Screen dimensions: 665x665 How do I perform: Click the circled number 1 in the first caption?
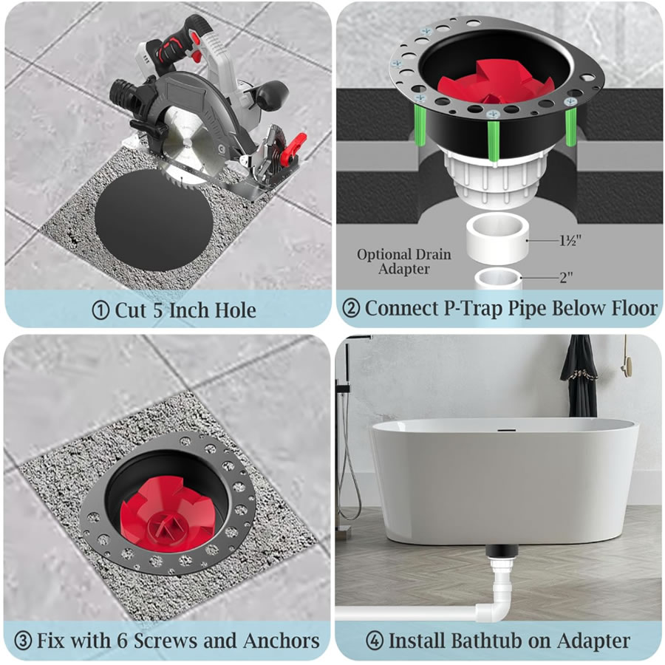[100, 311]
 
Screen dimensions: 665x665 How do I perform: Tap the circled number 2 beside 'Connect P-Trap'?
[351, 308]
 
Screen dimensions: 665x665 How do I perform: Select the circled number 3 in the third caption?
[24, 641]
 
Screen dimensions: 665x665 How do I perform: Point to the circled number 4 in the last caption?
[375, 641]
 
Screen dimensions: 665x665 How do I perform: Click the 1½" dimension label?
[570, 240]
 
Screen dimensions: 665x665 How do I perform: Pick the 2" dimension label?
[566, 277]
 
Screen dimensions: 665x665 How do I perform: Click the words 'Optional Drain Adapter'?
[403, 262]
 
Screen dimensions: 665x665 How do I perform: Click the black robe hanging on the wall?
[579, 376]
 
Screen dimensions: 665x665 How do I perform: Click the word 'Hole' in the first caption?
[235, 310]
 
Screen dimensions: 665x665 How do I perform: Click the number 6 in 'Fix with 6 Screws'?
[122, 641]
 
